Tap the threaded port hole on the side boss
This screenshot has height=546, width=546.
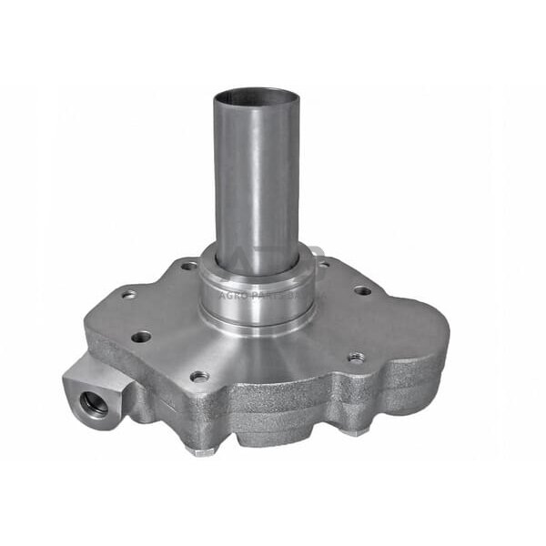pyautogui.click(x=93, y=401)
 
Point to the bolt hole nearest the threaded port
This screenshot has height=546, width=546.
pyautogui.click(x=141, y=337)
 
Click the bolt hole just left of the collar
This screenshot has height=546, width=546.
pyautogui.click(x=188, y=266)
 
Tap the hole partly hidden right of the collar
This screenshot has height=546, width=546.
pyautogui.click(x=323, y=265)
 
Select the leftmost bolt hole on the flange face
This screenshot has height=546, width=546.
pyautogui.click(x=129, y=294)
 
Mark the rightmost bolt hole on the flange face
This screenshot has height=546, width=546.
pyautogui.click(x=362, y=291)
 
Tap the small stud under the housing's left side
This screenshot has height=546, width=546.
pyautogui.click(x=199, y=449)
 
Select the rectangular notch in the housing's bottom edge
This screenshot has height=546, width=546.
pyautogui.click(x=273, y=443)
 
